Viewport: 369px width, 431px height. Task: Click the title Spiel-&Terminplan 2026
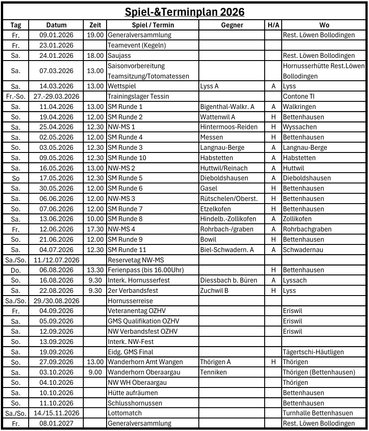coord(184,12)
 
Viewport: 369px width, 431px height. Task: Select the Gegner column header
coord(232,25)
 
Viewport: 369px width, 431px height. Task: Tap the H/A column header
coord(273,25)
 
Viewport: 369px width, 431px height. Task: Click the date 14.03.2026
coord(56,86)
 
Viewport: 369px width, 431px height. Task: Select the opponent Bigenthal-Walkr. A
coord(227,107)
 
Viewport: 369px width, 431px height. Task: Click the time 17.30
coord(95,229)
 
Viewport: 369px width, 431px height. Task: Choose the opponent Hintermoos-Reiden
coord(229,127)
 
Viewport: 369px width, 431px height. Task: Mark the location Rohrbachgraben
coord(307,229)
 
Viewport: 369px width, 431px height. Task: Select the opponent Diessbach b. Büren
coord(229,280)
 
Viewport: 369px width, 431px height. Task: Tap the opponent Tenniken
coord(214,372)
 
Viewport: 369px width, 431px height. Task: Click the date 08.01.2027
coord(56,423)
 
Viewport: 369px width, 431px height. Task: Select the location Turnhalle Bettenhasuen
coord(318,413)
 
